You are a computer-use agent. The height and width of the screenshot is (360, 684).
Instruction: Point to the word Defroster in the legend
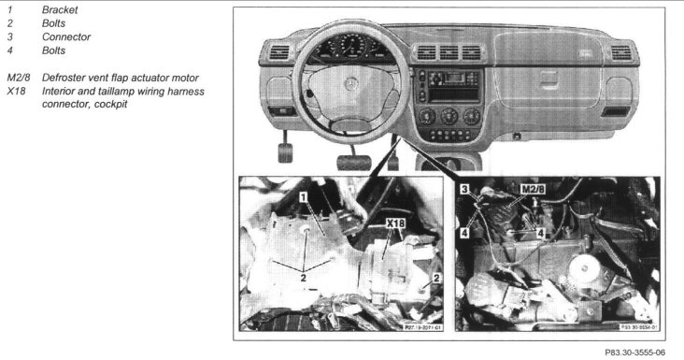(79, 77)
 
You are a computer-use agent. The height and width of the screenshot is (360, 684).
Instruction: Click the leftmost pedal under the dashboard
(287, 148)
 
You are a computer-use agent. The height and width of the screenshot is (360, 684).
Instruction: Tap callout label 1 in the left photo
(304, 196)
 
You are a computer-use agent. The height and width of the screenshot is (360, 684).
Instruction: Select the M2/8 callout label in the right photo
(534, 191)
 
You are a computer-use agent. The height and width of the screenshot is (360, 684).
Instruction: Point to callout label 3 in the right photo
(463, 189)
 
